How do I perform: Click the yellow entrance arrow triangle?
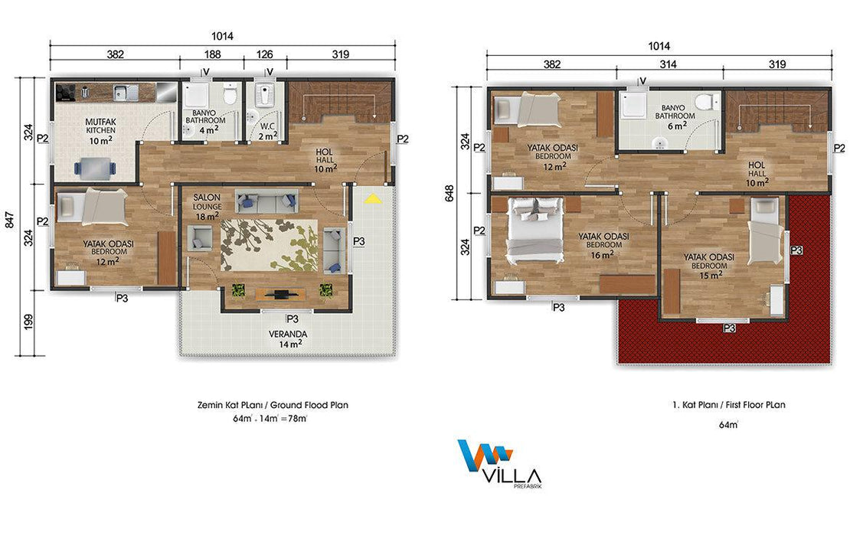click(x=372, y=198)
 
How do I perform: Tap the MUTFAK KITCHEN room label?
click(x=101, y=131)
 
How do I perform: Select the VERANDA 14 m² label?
click(x=288, y=338)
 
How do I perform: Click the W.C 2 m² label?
click(x=268, y=131)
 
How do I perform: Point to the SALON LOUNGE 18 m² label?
click(x=207, y=207)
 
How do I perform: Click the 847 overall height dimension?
click(x=10, y=219)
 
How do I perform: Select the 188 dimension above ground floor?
click(x=213, y=54)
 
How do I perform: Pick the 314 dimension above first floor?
click(x=668, y=64)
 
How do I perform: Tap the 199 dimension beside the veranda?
click(x=28, y=322)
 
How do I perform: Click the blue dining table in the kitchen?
click(x=95, y=168)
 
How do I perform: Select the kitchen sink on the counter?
click(x=126, y=93)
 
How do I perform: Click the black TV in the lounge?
click(x=281, y=294)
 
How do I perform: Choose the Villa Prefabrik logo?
click(x=499, y=464)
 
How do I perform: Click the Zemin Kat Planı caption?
click(x=273, y=405)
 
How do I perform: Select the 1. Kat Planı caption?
click(x=728, y=405)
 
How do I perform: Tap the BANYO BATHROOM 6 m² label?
click(x=675, y=116)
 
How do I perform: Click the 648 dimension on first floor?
click(x=450, y=194)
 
